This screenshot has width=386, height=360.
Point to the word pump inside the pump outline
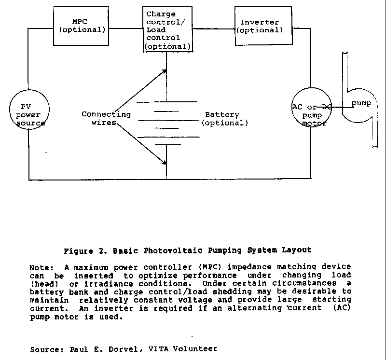coord(361,103)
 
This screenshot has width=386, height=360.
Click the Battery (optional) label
coord(224,118)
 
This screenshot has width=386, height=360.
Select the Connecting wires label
coord(106,118)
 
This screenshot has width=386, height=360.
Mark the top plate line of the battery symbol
coord(166,101)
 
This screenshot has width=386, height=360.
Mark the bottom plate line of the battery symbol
coord(168,145)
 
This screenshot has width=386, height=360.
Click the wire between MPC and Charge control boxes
coord(125,28)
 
